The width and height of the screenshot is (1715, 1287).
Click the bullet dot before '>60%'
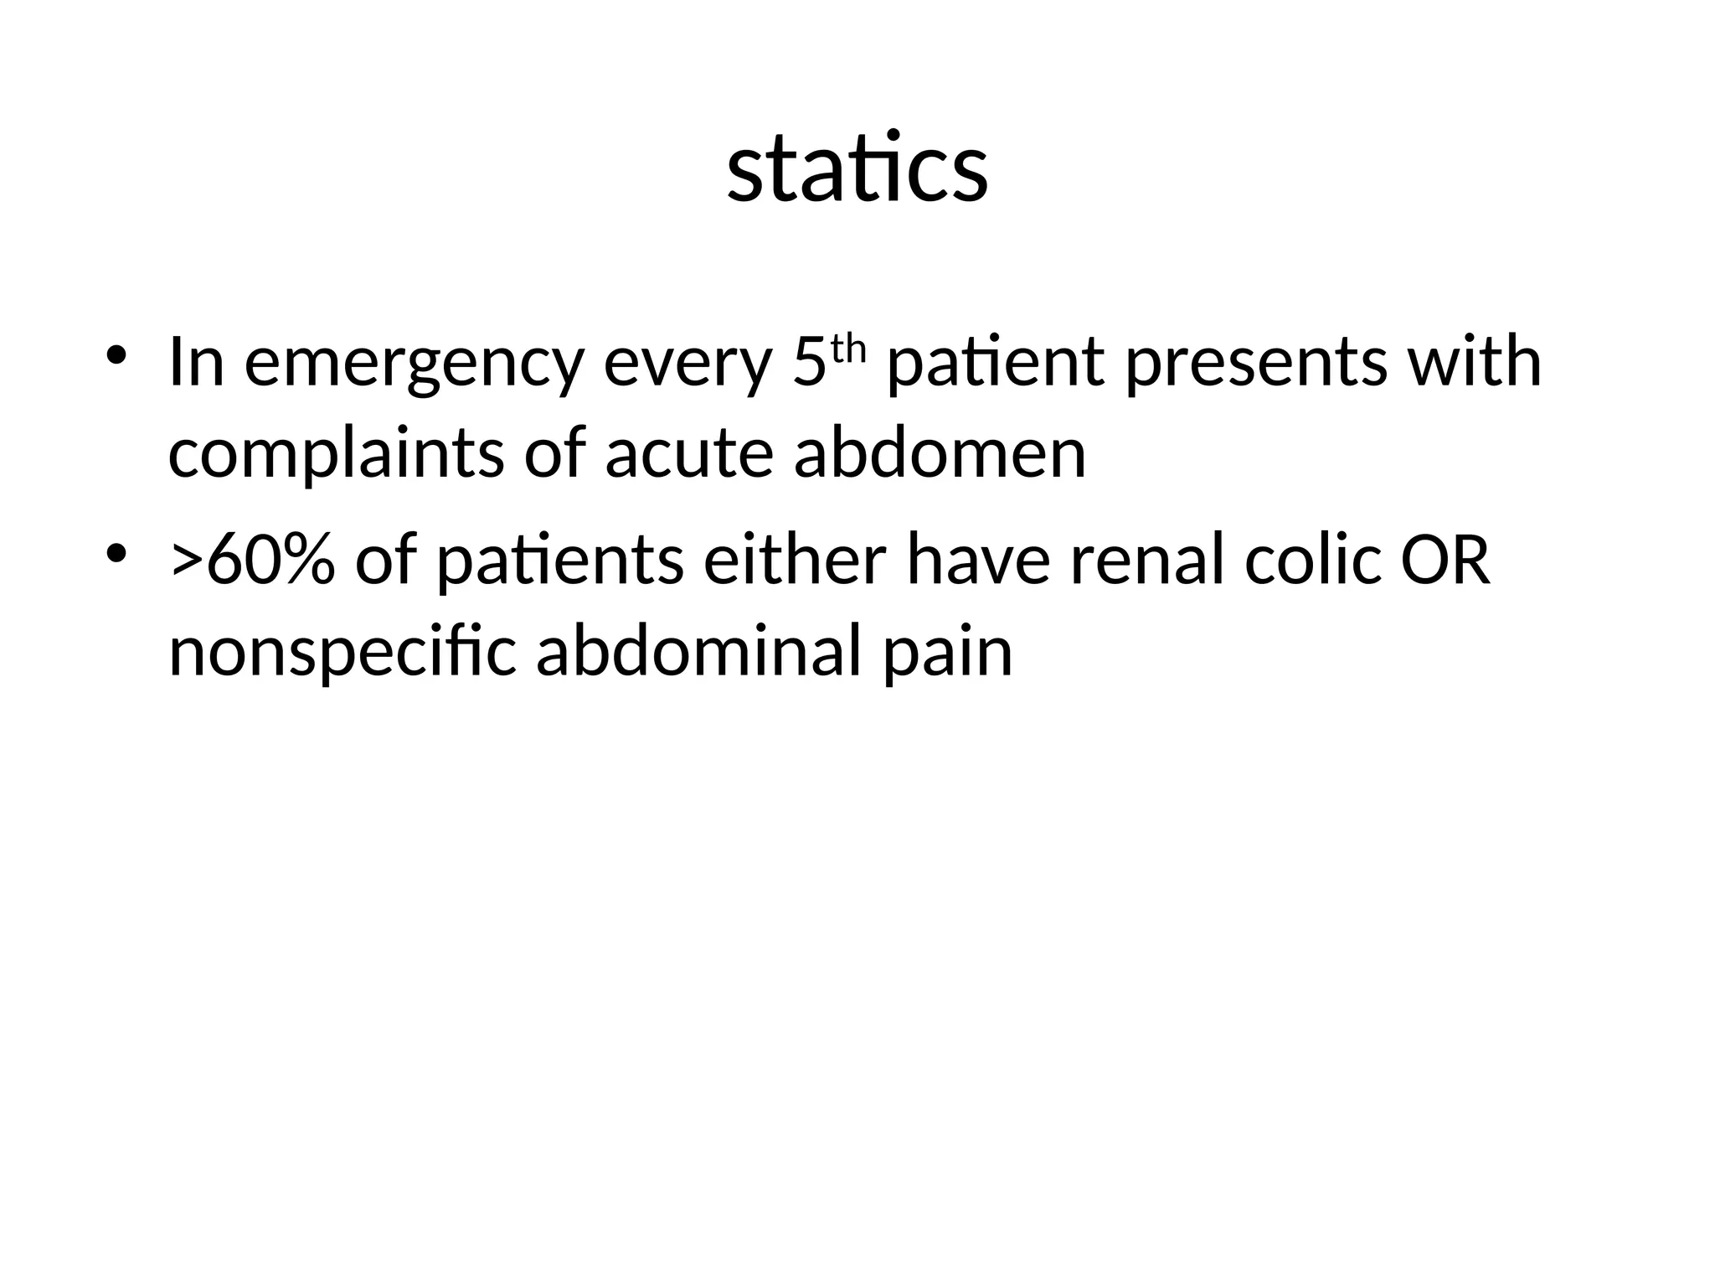(116, 553)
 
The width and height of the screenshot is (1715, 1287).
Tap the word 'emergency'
(413, 364)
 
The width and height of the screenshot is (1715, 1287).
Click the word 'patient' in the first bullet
(996, 364)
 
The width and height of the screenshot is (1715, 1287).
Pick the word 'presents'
(1256, 364)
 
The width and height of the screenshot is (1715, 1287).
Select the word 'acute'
(688, 454)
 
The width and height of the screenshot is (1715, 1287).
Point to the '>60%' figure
(252, 561)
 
